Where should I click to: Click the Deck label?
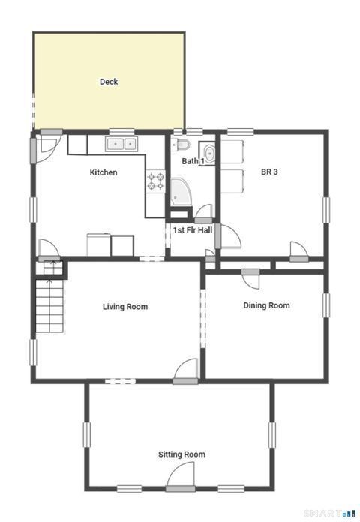[x=109, y=82]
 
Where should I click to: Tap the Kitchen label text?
[x=103, y=172]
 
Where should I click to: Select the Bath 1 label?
[x=193, y=161]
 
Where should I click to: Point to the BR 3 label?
[x=269, y=172]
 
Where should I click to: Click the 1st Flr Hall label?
[x=193, y=229]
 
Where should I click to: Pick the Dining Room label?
[x=266, y=305]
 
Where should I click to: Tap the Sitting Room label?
[x=181, y=454]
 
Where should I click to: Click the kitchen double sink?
[x=122, y=143]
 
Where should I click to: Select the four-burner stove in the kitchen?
[x=155, y=181]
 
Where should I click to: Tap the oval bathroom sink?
[x=209, y=154]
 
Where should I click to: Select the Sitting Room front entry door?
[x=181, y=475]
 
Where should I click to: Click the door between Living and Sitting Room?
[x=184, y=372]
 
